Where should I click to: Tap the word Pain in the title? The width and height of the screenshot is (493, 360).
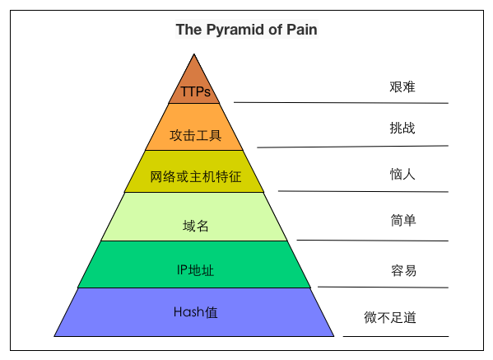click(x=302, y=30)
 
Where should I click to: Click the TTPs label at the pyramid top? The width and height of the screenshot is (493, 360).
click(x=196, y=92)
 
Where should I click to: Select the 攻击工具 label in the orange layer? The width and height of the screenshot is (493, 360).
click(x=196, y=136)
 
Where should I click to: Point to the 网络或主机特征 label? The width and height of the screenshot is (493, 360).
click(x=196, y=177)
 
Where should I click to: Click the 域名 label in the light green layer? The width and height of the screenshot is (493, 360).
click(x=196, y=226)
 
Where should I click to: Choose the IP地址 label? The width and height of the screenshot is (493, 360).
click(x=195, y=270)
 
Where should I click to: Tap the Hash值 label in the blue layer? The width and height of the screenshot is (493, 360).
click(x=196, y=312)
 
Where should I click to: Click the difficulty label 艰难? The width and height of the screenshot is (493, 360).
click(x=402, y=86)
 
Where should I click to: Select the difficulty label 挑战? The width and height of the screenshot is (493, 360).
click(x=402, y=128)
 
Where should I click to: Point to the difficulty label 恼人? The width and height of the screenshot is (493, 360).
click(x=402, y=174)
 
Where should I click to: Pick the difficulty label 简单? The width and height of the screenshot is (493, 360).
click(x=403, y=220)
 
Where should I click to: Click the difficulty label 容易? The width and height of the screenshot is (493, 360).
click(x=404, y=270)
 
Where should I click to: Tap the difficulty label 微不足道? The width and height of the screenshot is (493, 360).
click(x=390, y=317)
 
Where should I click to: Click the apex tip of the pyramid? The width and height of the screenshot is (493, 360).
click(x=194, y=54)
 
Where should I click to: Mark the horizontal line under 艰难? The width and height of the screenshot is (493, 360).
click(x=341, y=103)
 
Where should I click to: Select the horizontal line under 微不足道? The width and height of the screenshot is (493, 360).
click(x=396, y=336)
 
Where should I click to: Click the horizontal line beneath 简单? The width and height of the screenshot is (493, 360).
click(x=372, y=241)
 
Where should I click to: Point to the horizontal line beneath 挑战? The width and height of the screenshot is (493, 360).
click(x=352, y=147)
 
